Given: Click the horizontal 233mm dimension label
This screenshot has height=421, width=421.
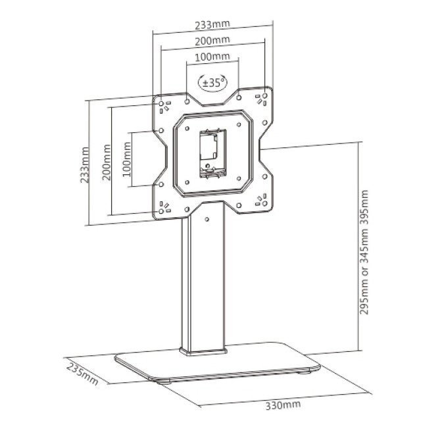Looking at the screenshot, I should click(x=212, y=25).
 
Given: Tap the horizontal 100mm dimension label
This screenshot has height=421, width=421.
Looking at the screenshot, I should click(x=212, y=59).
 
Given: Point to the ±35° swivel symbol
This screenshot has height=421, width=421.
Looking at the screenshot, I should click(x=212, y=83).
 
